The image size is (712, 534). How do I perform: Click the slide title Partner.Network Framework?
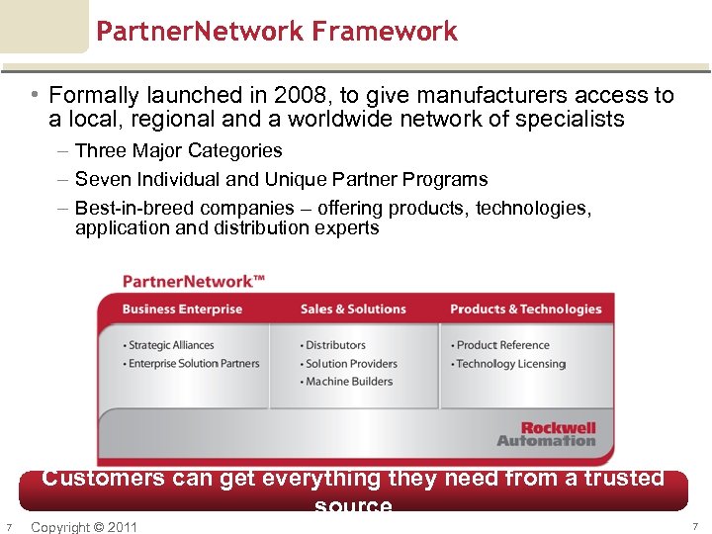tap(277, 32)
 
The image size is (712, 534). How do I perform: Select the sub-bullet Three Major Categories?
tap(178, 151)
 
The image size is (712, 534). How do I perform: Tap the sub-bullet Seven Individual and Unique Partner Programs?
tap(281, 179)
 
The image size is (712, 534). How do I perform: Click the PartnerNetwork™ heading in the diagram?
tap(194, 281)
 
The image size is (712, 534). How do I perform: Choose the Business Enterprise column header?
tap(182, 310)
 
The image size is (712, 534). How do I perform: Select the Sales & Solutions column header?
tap(353, 310)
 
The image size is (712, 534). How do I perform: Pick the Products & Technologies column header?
tap(525, 310)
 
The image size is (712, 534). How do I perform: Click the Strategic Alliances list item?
tap(171, 345)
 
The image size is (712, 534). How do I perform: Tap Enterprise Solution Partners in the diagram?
tap(194, 363)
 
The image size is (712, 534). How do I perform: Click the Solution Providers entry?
tap(351, 363)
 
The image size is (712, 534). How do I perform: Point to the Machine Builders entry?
tap(349, 381)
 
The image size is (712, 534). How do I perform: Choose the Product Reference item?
tap(502, 345)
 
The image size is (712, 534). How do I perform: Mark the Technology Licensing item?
tap(510, 363)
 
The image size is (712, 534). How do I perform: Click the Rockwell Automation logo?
tap(547, 434)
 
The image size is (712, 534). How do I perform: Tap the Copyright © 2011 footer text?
tap(84, 526)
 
